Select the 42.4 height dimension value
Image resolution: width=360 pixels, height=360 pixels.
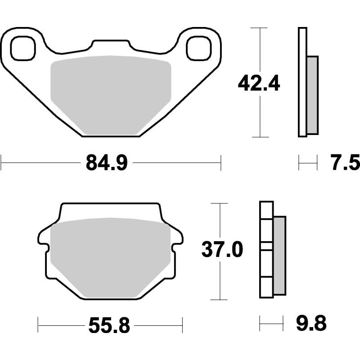point(260,83)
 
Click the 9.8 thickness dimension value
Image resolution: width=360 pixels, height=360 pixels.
point(311,323)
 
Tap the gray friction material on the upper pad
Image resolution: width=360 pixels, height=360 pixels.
point(111,94)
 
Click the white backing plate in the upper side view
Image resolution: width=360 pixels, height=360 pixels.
point(302,81)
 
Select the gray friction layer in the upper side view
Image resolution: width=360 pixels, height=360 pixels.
point(312,94)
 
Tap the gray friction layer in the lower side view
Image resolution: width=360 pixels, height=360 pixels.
point(279,255)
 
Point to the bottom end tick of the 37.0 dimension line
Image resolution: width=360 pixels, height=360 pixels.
point(220,300)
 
